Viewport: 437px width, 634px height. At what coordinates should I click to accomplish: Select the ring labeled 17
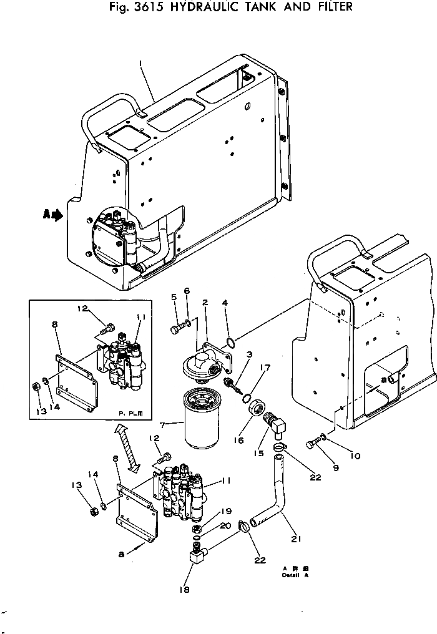click(x=248, y=399)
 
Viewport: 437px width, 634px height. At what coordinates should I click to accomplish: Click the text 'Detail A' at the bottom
click(x=295, y=575)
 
